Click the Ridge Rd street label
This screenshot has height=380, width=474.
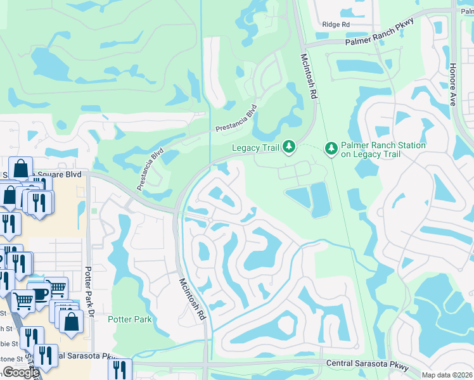(x=336, y=24)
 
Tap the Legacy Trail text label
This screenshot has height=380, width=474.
(x=255, y=148)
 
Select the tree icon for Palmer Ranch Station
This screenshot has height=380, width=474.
(x=331, y=149)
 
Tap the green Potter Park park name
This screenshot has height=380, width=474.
(x=130, y=319)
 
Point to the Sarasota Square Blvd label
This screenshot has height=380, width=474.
(x=48, y=174)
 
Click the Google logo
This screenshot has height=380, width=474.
(x=21, y=372)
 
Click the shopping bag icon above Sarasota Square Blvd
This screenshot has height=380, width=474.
(x=20, y=168)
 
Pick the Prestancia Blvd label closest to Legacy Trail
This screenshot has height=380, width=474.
(x=236, y=118)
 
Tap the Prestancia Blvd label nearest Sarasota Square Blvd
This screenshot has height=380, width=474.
(x=150, y=169)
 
